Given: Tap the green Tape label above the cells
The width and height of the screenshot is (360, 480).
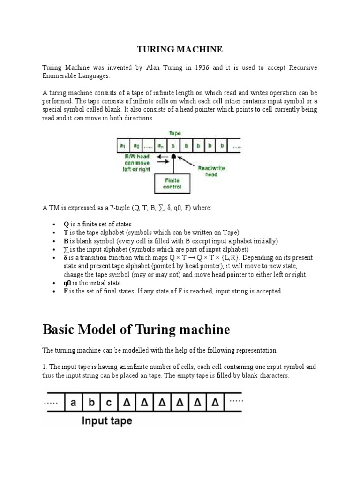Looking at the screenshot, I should [x=174, y=133].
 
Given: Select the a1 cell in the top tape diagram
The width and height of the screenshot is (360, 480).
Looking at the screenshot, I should [x=123, y=145].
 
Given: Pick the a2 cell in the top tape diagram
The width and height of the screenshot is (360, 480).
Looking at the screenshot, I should [x=136, y=145].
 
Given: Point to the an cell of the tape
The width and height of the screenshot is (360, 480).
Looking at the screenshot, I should [x=161, y=145].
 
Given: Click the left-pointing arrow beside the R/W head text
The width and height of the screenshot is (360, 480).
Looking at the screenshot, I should [x=162, y=156].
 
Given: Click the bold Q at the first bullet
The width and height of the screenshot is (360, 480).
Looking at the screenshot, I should [x=66, y=224].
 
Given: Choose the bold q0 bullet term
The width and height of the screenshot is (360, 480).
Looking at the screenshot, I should [x=67, y=283].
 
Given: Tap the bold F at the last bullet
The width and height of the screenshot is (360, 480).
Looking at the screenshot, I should [x=66, y=291].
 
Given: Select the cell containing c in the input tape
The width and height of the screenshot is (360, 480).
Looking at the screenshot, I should [x=108, y=402].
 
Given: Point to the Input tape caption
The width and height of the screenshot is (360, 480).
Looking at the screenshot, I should [x=107, y=420].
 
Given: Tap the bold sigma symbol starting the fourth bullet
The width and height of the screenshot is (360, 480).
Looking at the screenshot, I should [x=66, y=249].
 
